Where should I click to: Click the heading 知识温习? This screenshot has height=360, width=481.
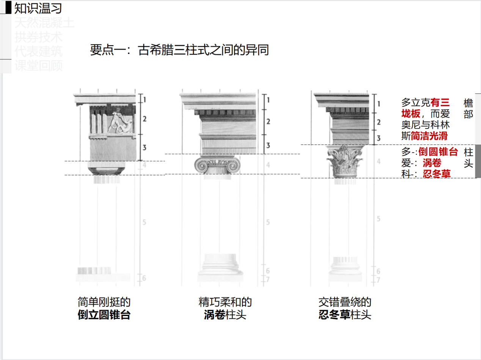38,8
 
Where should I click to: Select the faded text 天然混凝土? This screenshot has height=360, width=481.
44,23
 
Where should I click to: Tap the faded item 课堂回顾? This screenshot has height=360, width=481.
39,66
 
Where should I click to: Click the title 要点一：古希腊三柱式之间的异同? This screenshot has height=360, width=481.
179,50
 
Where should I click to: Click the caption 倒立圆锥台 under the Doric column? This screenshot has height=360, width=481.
104,315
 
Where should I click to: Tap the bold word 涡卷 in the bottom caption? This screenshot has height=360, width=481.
214,315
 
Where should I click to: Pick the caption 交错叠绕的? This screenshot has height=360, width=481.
345,302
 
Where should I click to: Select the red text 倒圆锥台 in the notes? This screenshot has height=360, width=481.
438,152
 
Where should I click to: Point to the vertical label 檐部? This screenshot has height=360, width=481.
468,108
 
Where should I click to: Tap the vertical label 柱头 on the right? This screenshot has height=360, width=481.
468,158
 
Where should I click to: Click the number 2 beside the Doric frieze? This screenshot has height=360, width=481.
145,119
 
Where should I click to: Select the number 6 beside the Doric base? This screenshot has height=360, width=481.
144,278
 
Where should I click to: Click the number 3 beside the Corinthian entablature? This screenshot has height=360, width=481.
378,138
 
